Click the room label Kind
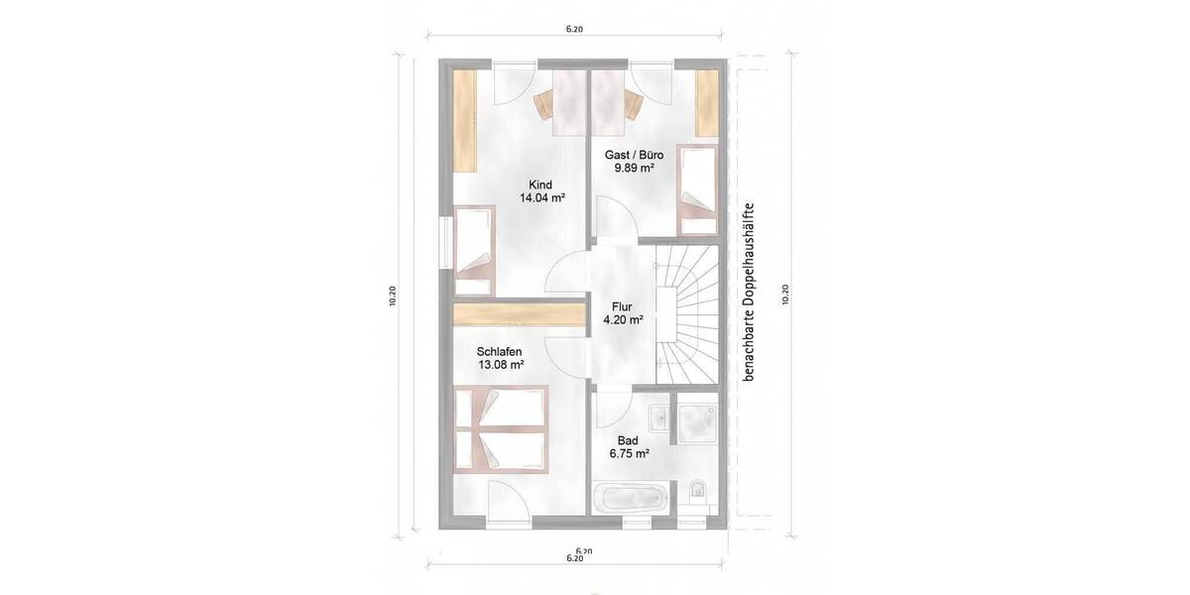click(540, 184)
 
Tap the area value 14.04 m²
click(541, 198)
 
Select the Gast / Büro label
click(634, 155)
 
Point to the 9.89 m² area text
click(634, 169)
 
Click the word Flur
click(623, 306)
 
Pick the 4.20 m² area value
click(623, 320)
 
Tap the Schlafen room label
click(499, 351)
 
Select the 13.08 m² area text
click(500, 365)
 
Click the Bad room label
click(627, 440)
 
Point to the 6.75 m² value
click(629, 454)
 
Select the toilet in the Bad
click(697, 491)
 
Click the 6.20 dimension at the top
click(573, 30)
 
